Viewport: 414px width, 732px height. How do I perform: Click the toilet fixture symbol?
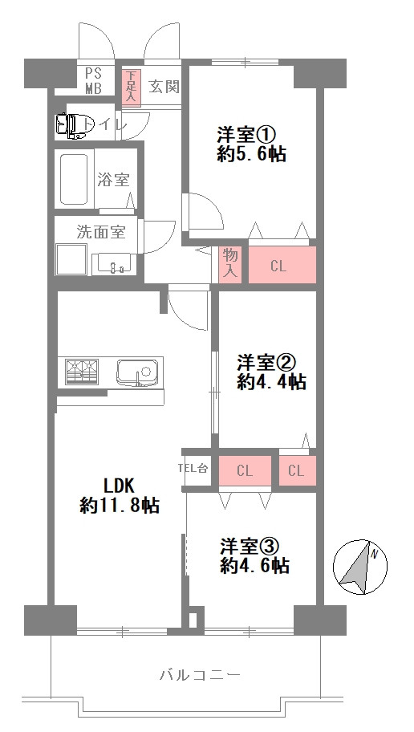(x=71, y=124)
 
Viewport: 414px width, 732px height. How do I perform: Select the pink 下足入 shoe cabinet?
(x=131, y=87)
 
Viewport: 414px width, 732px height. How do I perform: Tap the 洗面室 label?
(x=100, y=232)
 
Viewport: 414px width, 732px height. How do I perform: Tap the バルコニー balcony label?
(x=201, y=675)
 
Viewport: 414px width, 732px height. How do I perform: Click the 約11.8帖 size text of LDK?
(x=120, y=506)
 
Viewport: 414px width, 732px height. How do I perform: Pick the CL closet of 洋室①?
(x=278, y=266)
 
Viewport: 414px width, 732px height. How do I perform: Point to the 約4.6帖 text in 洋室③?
(x=255, y=566)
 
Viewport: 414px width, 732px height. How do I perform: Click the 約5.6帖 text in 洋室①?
(x=251, y=154)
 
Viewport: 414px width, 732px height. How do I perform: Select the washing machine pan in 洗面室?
(x=70, y=258)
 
